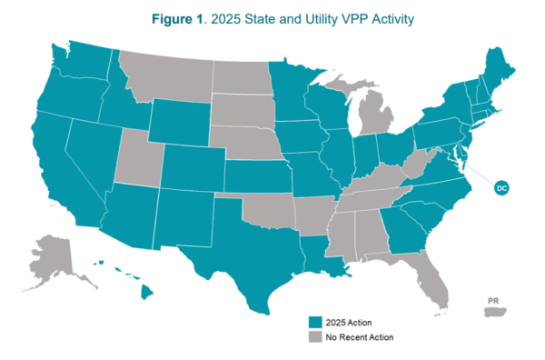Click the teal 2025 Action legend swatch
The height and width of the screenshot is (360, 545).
314,322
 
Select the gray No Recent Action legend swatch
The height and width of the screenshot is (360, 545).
314,336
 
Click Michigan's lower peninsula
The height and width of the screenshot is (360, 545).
374,117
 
